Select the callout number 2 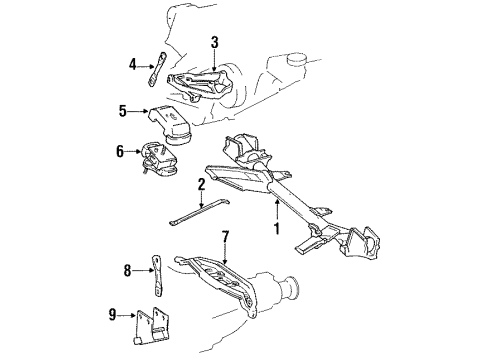point(201,184)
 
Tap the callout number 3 point(213,41)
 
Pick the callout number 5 point(123,111)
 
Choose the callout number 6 point(120,152)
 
